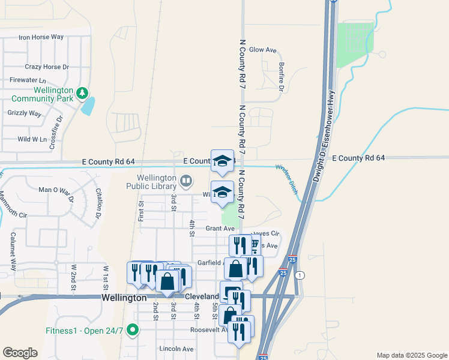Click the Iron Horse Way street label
click(41, 37)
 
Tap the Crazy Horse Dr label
click(47, 67)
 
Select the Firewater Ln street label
click(28, 80)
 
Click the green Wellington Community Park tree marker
click(82, 94)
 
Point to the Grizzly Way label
click(24, 113)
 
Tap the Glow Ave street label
click(262, 50)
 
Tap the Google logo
click(19, 353)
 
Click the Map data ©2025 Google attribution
click(411, 355)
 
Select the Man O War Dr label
click(56, 190)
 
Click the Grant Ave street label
click(220, 229)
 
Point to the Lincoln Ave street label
click(176, 349)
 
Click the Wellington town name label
click(124, 298)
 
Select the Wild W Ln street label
click(32, 139)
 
